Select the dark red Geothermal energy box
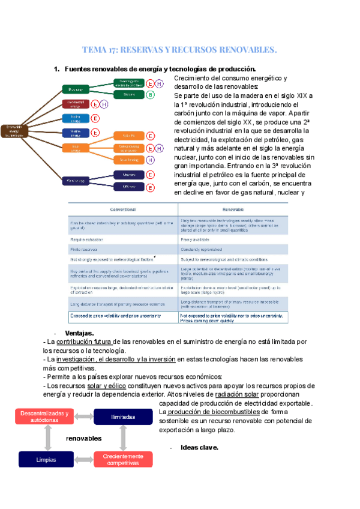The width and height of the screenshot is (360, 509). [76, 103]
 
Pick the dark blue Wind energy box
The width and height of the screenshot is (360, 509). [76, 179]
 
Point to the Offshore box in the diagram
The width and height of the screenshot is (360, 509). [129, 187]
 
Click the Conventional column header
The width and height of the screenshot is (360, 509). [124, 209]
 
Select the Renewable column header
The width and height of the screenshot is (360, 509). [232, 209]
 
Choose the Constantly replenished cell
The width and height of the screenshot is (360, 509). [207, 249]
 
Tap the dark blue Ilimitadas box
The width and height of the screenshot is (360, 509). [124, 417]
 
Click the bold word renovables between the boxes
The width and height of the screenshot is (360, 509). [83, 439]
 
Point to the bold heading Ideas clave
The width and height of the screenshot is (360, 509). [199, 447]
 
